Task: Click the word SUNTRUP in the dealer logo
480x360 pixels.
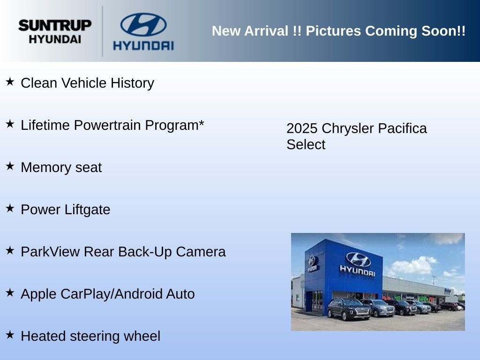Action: pyautogui.click(x=55, y=25)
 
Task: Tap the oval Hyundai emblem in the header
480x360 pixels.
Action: pyautogui.click(x=143, y=24)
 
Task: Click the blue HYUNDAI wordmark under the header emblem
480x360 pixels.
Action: pyautogui.click(x=143, y=45)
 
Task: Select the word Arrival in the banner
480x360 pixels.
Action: pyautogui.click(x=266, y=31)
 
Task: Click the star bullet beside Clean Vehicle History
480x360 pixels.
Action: pyautogui.click(x=10, y=82)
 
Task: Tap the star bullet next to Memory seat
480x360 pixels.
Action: pyautogui.click(x=10, y=166)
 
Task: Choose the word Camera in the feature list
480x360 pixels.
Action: pyautogui.click(x=201, y=252)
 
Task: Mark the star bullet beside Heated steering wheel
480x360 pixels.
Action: pyautogui.click(x=10, y=335)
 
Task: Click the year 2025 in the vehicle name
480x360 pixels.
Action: pyautogui.click(x=302, y=128)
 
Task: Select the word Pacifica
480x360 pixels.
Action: pyautogui.click(x=402, y=128)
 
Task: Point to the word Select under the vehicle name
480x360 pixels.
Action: pyautogui.click(x=306, y=144)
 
